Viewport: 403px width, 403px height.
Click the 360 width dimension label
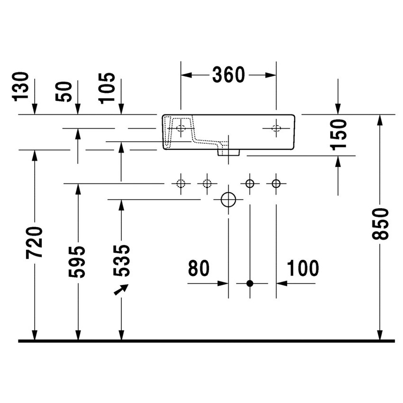(228, 75)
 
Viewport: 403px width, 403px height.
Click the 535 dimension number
(121, 260)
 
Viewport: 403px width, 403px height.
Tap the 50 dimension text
(65, 91)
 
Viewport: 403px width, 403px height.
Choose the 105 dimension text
(107, 88)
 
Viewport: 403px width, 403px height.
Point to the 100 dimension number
(302, 269)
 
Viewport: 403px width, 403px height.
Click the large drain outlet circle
(229, 200)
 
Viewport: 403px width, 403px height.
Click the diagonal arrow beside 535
(121, 289)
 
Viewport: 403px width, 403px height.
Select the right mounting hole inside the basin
(276, 128)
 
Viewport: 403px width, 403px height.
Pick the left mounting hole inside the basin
(181, 128)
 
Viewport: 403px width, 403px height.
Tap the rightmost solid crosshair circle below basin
(276, 183)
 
